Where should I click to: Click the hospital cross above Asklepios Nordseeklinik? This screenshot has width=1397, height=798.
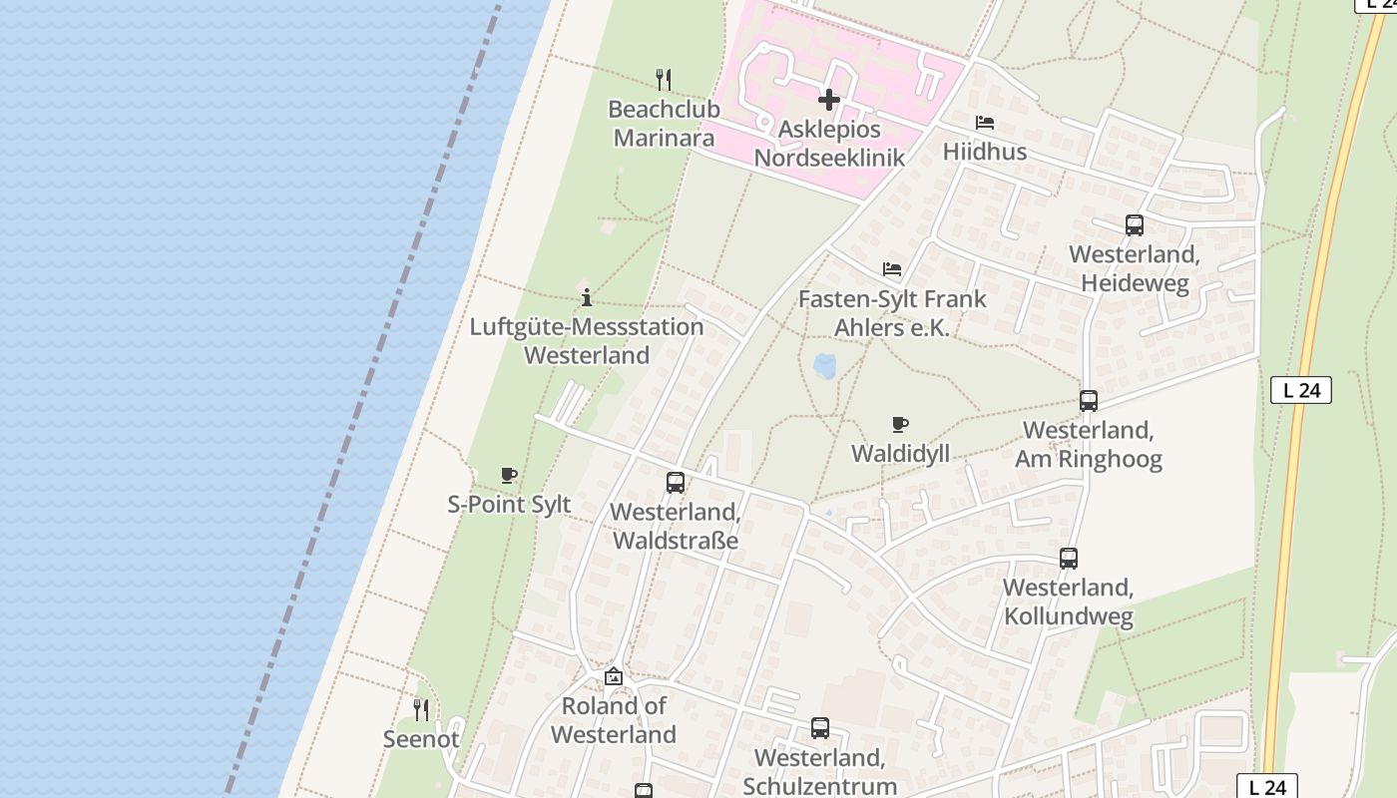click(x=828, y=100)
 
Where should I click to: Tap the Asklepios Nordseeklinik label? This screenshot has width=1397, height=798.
click(x=829, y=144)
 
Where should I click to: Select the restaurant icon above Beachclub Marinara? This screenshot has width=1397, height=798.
click(x=663, y=79)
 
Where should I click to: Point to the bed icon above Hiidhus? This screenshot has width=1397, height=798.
click(x=985, y=123)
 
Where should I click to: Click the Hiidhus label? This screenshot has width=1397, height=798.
click(x=985, y=152)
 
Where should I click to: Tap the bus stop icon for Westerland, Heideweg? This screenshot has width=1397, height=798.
click(x=1134, y=225)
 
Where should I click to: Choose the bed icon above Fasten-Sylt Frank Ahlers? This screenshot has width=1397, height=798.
click(x=892, y=269)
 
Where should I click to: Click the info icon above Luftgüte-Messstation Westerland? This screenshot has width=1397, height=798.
click(x=587, y=297)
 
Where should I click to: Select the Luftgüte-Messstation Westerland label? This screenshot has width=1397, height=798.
click(x=587, y=341)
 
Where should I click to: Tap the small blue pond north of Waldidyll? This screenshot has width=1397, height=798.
click(x=825, y=366)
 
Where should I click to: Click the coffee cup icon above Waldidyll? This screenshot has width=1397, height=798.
click(x=899, y=425)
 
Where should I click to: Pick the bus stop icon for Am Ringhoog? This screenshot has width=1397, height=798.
click(x=1088, y=401)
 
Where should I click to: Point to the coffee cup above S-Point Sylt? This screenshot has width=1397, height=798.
click(x=509, y=476)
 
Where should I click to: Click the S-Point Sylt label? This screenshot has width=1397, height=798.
click(x=509, y=505)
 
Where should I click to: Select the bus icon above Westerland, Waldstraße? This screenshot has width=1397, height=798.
click(x=675, y=484)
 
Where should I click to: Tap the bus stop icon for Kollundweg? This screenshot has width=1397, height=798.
click(x=1068, y=559)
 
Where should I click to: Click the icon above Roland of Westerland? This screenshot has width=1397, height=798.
click(x=613, y=677)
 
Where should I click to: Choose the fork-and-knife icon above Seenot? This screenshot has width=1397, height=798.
click(x=421, y=710)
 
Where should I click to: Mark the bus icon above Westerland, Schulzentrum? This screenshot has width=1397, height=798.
click(x=819, y=728)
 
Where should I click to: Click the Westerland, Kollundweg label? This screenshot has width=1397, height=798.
click(x=1068, y=601)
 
